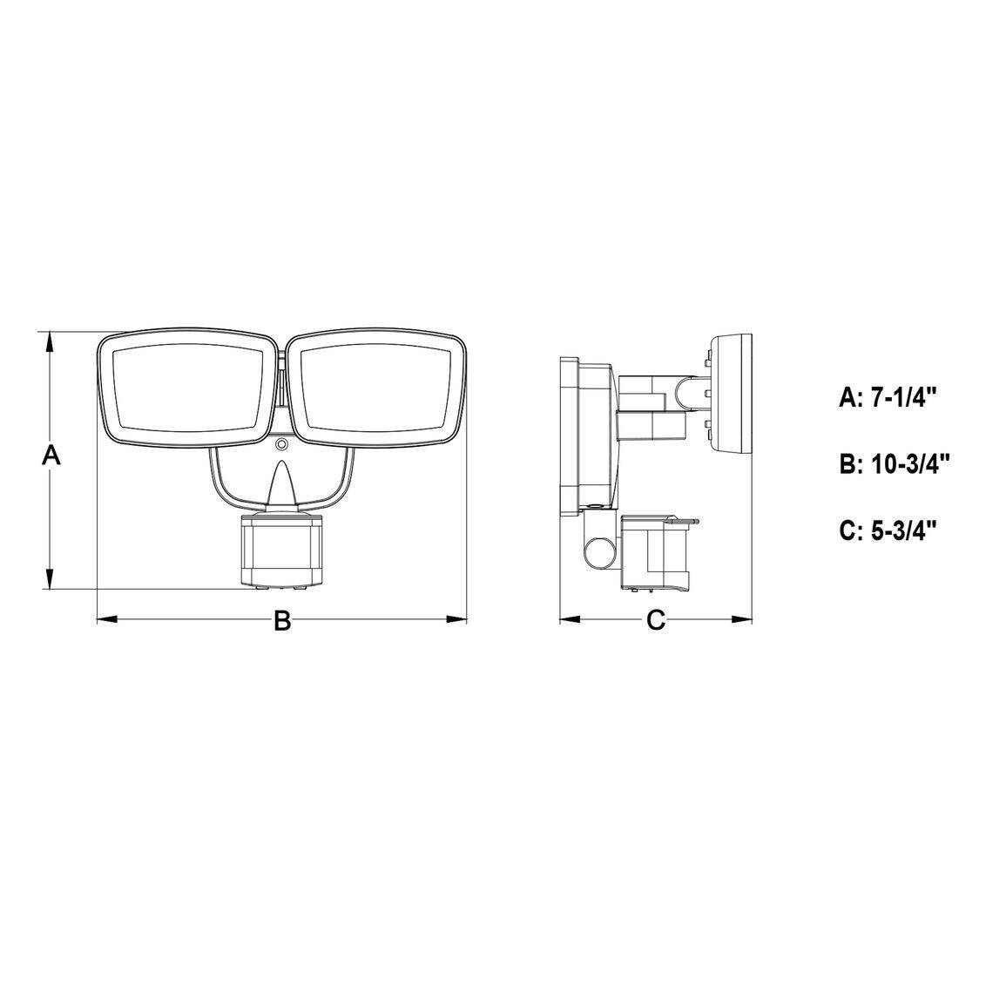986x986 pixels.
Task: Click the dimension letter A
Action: pyautogui.click(x=51, y=455)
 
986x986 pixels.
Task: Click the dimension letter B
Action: pyautogui.click(x=282, y=621)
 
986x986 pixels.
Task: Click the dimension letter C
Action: pyautogui.click(x=655, y=621)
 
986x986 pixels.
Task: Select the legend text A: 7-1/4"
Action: pyautogui.click(x=888, y=397)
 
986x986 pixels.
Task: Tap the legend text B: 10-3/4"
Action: pyautogui.click(x=894, y=465)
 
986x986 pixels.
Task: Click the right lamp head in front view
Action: pyautogui.click(x=376, y=387)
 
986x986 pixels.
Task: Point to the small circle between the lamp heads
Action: pyautogui.click(x=282, y=445)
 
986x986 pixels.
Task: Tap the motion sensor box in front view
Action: pyautogui.click(x=282, y=550)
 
